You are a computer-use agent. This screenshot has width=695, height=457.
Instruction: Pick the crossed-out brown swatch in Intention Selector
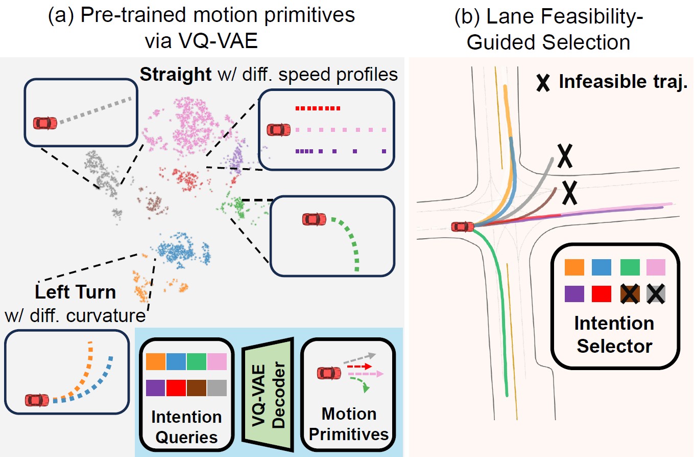629,294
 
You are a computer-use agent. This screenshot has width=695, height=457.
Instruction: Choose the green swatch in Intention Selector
629,267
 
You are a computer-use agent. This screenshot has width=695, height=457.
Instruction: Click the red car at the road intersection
462,226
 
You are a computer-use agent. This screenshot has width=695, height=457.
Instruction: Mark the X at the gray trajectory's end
564,157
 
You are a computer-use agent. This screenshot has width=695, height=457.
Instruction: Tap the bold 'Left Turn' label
76,292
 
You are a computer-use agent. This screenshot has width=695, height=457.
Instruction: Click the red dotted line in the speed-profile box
317,108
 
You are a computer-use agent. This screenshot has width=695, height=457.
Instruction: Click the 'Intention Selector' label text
614,334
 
